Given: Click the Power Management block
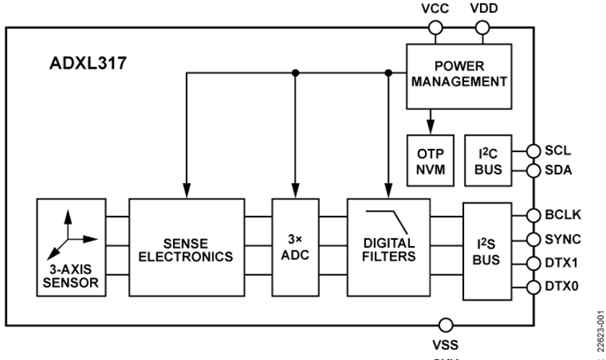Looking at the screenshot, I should click(458, 75).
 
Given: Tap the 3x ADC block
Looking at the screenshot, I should click(295, 246).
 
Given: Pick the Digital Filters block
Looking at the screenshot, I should click(388, 246).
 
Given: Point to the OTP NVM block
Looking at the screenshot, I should click(431, 160).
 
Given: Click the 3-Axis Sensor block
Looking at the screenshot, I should click(70, 246).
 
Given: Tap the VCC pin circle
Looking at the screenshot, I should click(435, 28).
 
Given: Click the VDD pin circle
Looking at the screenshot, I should click(482, 28).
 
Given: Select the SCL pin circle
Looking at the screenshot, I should click(533, 151).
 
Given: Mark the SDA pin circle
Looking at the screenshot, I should click(533, 171).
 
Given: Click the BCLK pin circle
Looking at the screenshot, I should click(533, 215).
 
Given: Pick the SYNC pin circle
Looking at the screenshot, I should click(533, 238).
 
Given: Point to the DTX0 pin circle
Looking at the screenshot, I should click(533, 287).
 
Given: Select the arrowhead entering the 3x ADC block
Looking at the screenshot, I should click(295, 192).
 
